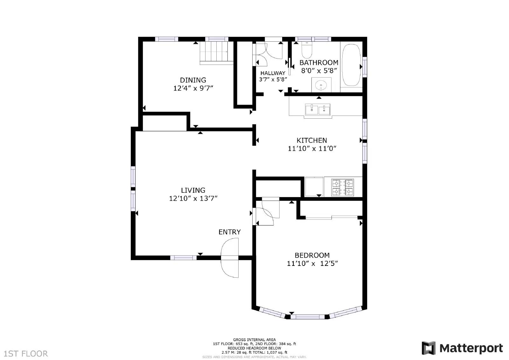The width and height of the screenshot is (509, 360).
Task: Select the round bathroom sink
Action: [321, 85]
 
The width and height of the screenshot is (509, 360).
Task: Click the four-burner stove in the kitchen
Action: [343, 187]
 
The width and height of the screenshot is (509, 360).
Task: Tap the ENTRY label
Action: [229, 232]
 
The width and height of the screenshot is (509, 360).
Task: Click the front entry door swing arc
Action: [230, 258]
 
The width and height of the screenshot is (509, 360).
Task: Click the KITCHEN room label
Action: [311, 140]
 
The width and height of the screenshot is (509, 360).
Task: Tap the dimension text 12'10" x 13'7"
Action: [193, 198]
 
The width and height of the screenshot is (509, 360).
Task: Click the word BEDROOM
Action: [312, 255]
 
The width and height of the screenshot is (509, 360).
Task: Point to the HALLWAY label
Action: [273, 73]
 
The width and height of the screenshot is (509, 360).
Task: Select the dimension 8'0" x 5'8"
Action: [319, 71]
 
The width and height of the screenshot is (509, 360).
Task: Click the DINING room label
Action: [193, 80]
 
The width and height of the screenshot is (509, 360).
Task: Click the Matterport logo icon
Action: [428, 348]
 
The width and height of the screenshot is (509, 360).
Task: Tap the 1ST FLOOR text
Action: [26, 354]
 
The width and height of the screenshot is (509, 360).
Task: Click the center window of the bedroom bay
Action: [307, 316]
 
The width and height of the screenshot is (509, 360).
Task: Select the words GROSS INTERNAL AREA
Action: [254, 340]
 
